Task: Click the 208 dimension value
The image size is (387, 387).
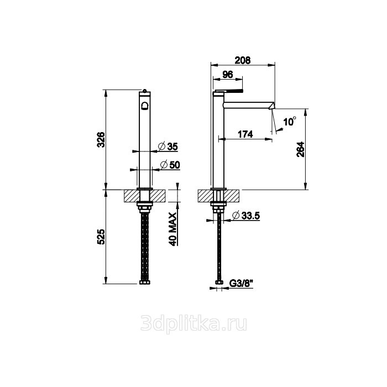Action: [x=242, y=60]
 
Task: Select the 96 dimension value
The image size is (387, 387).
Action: [x=228, y=74]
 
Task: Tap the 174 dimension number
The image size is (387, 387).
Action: [x=245, y=134]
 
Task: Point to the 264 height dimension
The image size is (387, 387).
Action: [x=301, y=149]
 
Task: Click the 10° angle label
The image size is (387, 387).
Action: [x=290, y=122]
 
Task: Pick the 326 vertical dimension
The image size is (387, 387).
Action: [x=101, y=140]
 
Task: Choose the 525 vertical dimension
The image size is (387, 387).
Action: [x=101, y=237]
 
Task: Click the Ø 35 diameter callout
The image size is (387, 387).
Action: [x=168, y=147]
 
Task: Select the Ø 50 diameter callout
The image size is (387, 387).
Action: [x=170, y=165]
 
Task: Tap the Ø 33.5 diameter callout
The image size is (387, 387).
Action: [x=246, y=216]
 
